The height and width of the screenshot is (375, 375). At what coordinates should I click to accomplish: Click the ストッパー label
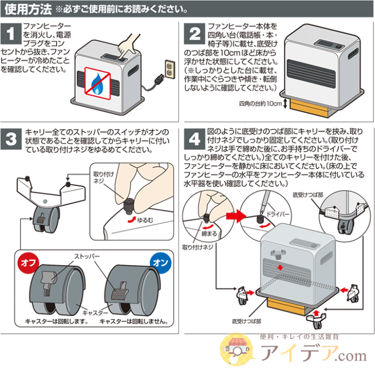[77, 257]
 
